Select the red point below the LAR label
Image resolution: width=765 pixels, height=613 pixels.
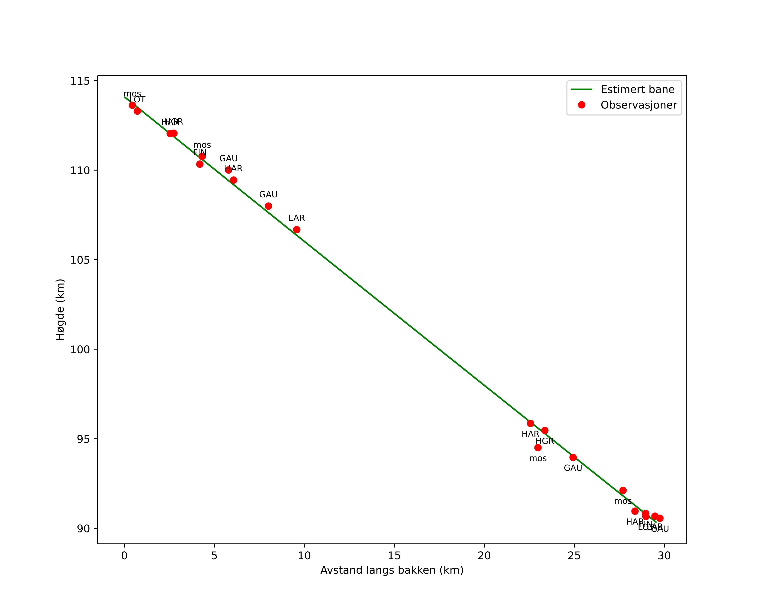[x=297, y=230]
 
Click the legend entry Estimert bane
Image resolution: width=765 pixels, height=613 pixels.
[x=637, y=90]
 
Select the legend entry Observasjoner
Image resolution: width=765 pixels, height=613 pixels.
[x=639, y=105]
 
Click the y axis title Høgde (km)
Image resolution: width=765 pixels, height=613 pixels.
[x=60, y=310]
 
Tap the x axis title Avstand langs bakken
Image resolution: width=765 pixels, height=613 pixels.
[x=392, y=570]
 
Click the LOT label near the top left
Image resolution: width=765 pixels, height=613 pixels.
[x=137, y=100]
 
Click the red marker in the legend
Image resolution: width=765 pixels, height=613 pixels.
[x=582, y=105]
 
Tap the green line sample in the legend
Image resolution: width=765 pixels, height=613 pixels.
[x=582, y=90]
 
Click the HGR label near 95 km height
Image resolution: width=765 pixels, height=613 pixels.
[x=545, y=441]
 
